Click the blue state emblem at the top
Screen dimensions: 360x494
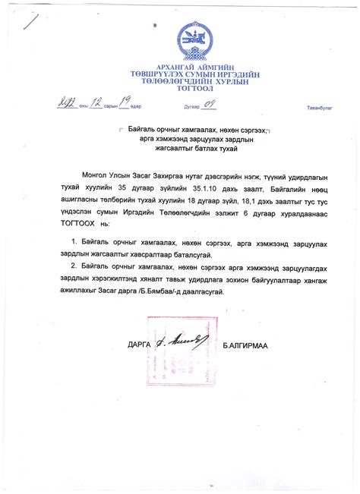(x=196, y=41)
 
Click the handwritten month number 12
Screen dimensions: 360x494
(x=96, y=104)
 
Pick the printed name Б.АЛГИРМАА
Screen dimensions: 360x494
(x=251, y=345)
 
